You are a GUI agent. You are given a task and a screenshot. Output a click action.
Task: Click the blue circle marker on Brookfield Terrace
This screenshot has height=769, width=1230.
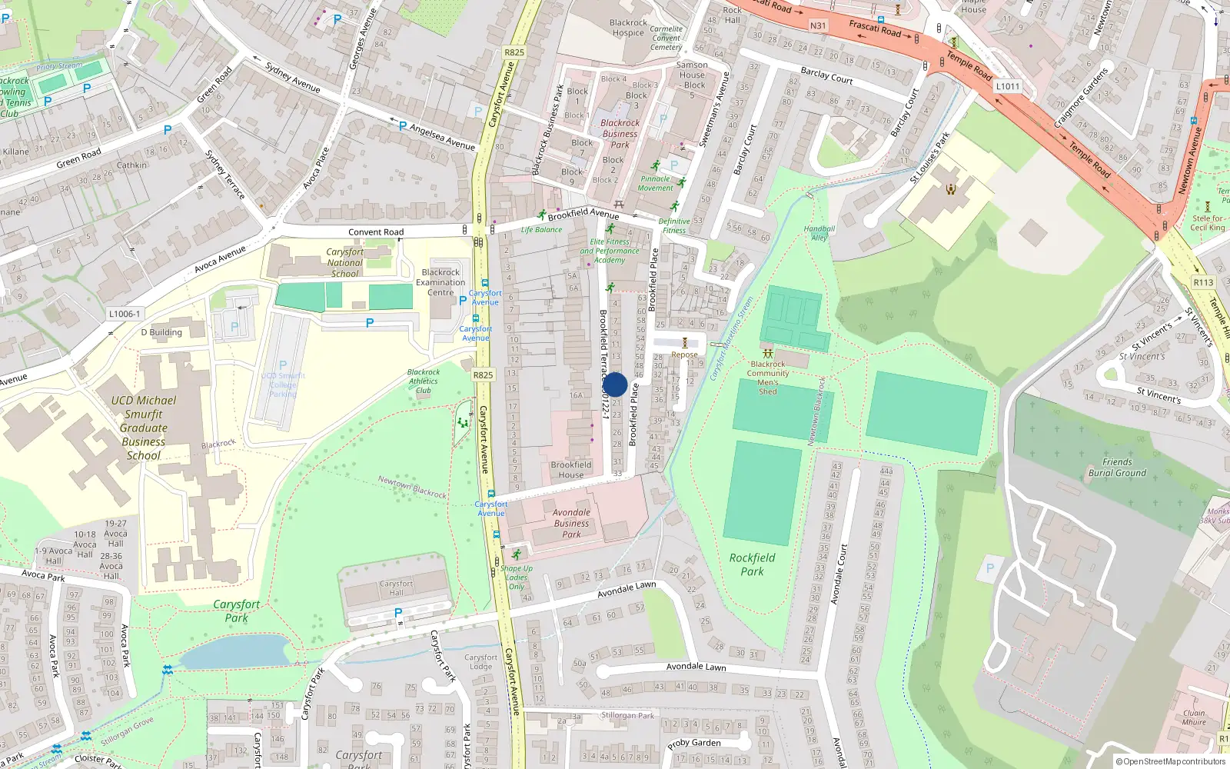pos(615,384)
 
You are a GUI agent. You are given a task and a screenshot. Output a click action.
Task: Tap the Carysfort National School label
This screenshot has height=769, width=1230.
pos(345,262)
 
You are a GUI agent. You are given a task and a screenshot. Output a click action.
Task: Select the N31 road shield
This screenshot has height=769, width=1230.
pos(818,25)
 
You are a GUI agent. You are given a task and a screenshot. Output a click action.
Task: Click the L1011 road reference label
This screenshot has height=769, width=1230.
pos(1008,86)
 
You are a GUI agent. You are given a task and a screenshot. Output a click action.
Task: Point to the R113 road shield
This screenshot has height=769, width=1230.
pos(1203,282)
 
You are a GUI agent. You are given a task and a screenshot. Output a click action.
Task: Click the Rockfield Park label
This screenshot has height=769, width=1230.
pos(752,564)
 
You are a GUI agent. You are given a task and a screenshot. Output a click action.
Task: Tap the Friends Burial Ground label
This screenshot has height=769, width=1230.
pos(1117,468)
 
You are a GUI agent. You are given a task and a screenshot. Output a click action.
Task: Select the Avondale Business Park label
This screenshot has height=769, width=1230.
pos(571,523)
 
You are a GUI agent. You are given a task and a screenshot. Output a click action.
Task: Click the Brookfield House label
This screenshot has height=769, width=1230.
pos(570,470)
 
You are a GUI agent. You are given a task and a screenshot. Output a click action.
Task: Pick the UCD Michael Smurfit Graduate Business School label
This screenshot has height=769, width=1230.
pos(144,428)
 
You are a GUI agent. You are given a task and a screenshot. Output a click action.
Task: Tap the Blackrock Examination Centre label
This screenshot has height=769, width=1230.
pos(440,282)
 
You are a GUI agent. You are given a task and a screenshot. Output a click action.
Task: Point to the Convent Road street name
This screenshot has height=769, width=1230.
pos(376,231)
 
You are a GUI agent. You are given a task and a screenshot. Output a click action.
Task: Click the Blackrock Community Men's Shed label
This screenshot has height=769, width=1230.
pos(768,378)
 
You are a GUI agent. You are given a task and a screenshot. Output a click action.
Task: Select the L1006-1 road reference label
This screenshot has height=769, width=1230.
pos(125,314)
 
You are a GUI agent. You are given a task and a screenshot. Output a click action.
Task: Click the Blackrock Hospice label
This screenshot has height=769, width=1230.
pos(628,28)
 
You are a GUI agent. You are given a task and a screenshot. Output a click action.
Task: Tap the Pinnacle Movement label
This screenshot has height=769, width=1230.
pos(655,183)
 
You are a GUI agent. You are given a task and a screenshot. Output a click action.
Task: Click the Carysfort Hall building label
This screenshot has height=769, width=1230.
pos(396,588)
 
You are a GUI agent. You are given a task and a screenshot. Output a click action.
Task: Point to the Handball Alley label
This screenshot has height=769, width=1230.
pos(819,233)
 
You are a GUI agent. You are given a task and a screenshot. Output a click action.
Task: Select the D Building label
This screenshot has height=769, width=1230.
pos(161,332)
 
